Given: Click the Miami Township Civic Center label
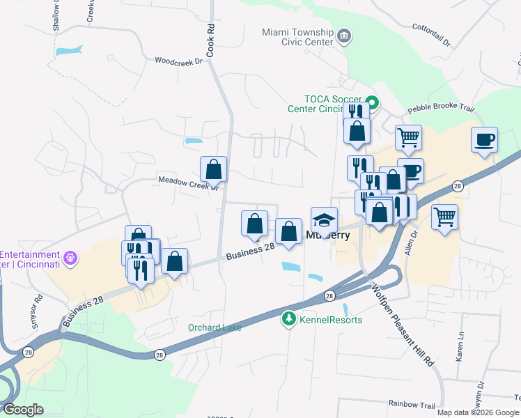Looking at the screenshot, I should click(x=297, y=37).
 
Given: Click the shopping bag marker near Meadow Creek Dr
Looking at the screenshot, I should click(x=213, y=169).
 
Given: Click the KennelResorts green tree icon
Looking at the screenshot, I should click(x=288, y=320).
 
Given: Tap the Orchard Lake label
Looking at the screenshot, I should click(x=215, y=327).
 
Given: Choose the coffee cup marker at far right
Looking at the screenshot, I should click(x=484, y=140).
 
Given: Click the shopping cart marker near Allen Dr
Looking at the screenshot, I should click(x=444, y=217).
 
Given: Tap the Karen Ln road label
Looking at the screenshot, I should click(x=460, y=346).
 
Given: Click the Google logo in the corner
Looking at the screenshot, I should click(x=23, y=410).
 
